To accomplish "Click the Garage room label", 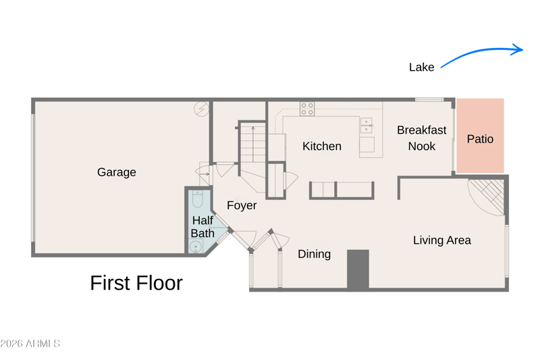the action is pos(116,172).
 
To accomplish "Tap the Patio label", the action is pos(480,139).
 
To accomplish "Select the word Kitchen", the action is pos(322,146).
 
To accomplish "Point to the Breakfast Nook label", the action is pos(421,138).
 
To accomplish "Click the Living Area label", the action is pos(442,240).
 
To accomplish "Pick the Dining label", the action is pos(314,254).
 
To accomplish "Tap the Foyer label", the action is pos(242,205).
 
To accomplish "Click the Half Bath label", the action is pos(202,227).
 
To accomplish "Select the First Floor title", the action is pos(136,283).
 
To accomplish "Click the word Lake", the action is pos(421,67).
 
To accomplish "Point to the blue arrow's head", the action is pos(518,49).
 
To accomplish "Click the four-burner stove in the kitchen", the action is pos(307,109).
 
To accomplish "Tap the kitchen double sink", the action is pos(367,126).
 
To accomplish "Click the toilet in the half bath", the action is pos(198,199).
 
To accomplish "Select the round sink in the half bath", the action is pos(196,247).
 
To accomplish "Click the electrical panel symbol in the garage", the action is pos(201,109).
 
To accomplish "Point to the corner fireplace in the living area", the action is pos(487,197).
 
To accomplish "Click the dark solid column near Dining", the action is pos(358,269).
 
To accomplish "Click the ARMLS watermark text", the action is pos(30,344).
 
